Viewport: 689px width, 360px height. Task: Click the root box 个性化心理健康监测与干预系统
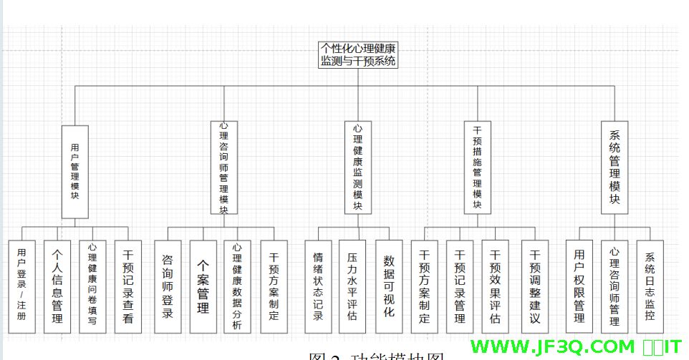click(358, 55)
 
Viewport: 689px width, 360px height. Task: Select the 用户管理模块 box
click(75, 172)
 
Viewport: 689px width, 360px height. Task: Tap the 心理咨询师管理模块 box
click(224, 167)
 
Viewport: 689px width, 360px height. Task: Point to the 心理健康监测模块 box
click(358, 167)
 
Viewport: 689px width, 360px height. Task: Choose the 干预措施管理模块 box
click(478, 167)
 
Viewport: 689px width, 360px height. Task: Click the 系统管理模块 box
click(614, 167)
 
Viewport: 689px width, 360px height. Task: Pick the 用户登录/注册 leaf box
click(21, 286)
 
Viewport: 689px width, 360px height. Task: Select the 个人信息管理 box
click(57, 286)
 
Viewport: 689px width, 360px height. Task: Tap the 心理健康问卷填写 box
click(93, 286)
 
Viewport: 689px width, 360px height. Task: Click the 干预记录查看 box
click(128, 286)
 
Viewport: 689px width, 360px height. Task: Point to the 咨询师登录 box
click(168, 286)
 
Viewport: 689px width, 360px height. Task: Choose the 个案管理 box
click(203, 286)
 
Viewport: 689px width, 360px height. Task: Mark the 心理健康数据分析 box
click(238, 286)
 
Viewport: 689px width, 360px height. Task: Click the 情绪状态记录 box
click(318, 286)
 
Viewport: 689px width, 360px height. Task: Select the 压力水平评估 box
click(352, 286)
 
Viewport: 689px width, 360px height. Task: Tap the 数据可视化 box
click(389, 286)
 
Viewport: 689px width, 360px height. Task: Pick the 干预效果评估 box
click(495, 286)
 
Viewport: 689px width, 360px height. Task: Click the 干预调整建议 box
click(534, 286)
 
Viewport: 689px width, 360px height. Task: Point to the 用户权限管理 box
click(579, 286)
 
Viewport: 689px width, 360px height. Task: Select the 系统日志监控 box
click(650, 286)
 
